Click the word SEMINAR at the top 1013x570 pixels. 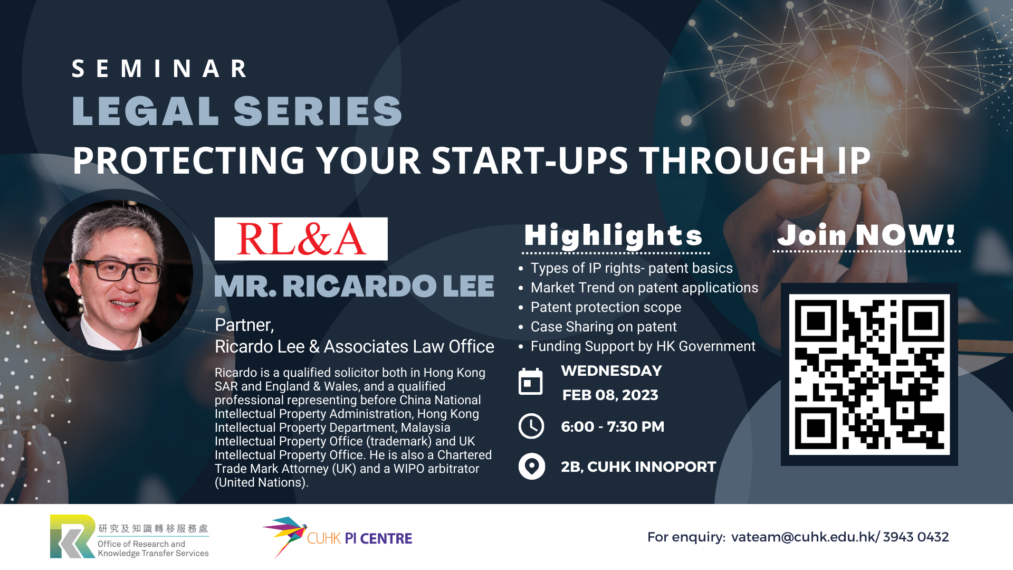159,69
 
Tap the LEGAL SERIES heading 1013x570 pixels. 237,111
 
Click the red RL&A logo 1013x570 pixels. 301,239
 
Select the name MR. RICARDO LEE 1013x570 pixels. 354,286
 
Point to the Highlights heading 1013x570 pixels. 614,235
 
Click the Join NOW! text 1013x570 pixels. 867,235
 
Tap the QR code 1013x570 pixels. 869,374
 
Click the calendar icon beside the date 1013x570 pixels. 531,381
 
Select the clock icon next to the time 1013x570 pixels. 531,426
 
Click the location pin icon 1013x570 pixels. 532,467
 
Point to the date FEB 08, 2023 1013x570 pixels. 610,395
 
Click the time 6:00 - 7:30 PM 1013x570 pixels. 613,426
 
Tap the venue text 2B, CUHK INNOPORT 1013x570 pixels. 638,467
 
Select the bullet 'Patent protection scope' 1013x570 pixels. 606,307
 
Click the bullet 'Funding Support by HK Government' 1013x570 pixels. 643,346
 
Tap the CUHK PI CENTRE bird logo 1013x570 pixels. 285,536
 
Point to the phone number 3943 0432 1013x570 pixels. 916,537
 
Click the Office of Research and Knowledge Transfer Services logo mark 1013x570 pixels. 73,536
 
